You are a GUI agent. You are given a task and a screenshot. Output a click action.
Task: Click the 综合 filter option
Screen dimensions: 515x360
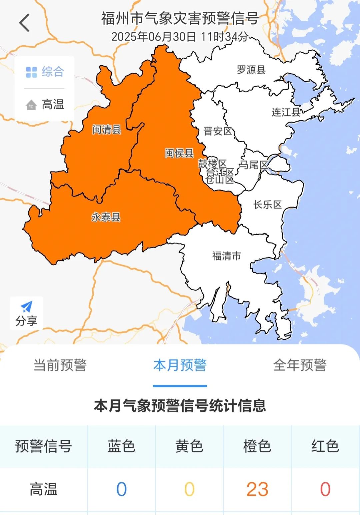click(45, 72)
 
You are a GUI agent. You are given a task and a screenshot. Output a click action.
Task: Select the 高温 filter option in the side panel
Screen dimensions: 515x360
click(45, 105)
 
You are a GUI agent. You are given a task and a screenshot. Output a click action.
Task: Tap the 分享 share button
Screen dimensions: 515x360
click(26, 313)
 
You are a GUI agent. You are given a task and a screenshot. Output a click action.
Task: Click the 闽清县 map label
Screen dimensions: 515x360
click(107, 129)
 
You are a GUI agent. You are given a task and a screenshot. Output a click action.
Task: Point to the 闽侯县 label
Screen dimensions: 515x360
click(179, 153)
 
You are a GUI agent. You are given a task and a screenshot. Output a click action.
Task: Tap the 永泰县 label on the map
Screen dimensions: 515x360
click(106, 217)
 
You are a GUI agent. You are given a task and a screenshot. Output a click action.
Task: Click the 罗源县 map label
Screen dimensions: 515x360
click(251, 70)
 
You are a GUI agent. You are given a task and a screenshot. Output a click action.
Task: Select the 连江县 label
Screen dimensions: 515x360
click(286, 112)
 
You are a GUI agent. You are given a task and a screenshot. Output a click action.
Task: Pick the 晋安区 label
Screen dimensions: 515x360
click(218, 131)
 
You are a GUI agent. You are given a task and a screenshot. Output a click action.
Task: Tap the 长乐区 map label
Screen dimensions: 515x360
click(268, 205)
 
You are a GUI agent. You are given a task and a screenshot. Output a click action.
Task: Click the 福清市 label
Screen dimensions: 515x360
click(227, 256)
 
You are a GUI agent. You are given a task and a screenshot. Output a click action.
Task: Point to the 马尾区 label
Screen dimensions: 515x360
click(254, 165)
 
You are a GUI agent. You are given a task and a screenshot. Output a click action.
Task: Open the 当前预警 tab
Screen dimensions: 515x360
click(60, 365)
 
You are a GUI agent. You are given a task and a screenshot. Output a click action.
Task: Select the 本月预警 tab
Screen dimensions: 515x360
click(180, 365)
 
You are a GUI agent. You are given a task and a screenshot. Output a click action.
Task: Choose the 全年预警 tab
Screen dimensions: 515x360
click(300, 365)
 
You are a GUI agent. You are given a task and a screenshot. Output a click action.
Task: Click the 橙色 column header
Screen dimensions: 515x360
click(257, 446)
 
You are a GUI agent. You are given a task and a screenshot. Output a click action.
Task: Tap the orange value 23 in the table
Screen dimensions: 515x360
click(257, 489)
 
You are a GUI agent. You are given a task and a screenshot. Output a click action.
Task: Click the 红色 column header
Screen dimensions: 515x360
click(325, 446)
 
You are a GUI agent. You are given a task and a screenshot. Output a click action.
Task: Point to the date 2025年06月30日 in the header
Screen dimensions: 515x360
click(154, 37)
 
